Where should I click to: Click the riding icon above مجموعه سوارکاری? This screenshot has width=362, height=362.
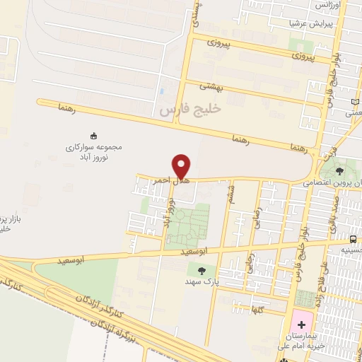click(95, 135)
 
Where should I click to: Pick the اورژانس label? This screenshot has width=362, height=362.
click(327, 6)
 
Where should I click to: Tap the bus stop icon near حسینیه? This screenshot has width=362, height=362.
click(353, 239)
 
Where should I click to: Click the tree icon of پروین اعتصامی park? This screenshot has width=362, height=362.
click(340, 170)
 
